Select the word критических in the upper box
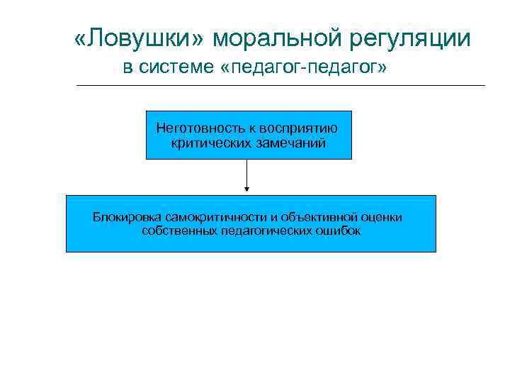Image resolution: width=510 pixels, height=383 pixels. click(209, 143)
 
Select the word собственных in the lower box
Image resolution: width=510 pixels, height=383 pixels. click(174, 231)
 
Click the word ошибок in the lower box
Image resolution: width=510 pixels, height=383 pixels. click(339, 231)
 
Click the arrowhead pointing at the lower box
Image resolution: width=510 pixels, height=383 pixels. click(246, 189)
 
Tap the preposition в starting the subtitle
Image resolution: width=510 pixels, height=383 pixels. click(127, 69)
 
